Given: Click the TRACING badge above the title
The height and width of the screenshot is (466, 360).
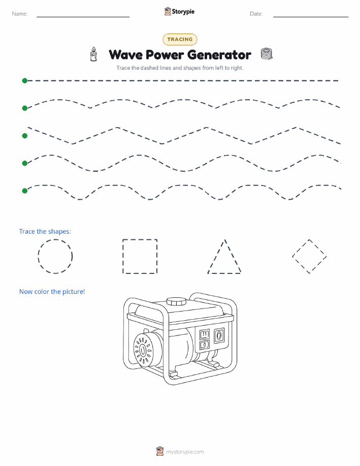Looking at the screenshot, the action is tap(180, 39).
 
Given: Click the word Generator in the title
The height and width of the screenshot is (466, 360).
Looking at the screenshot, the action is tap(219, 55).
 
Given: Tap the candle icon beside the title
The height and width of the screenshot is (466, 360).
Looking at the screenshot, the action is tap(93, 54).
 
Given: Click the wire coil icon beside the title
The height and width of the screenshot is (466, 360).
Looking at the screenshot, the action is tap(267, 54).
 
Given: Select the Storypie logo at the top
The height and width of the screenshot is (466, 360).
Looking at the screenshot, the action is tap(179, 12).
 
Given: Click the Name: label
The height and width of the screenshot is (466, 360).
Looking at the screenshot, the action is tap(20, 14).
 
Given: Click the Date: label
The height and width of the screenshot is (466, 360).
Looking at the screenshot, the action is tap(256, 14).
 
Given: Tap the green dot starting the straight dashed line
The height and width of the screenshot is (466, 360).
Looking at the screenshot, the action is tap(25, 80).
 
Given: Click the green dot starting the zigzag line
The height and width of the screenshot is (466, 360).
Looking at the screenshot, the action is tap(25, 136).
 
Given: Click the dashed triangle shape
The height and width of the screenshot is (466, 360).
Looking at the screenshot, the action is tap(216, 257).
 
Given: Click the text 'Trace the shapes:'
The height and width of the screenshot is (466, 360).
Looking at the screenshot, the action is tap(45, 232).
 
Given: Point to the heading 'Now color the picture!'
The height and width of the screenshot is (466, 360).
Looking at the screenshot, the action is tap(52, 292).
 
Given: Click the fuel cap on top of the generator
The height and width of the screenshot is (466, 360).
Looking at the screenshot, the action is tap(176, 301).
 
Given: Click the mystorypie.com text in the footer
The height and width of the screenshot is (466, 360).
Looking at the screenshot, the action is tap(185, 452).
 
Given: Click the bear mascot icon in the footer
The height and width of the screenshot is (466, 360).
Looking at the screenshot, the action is tap(160, 451).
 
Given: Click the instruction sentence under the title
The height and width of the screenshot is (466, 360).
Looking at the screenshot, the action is tap(180, 68).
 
